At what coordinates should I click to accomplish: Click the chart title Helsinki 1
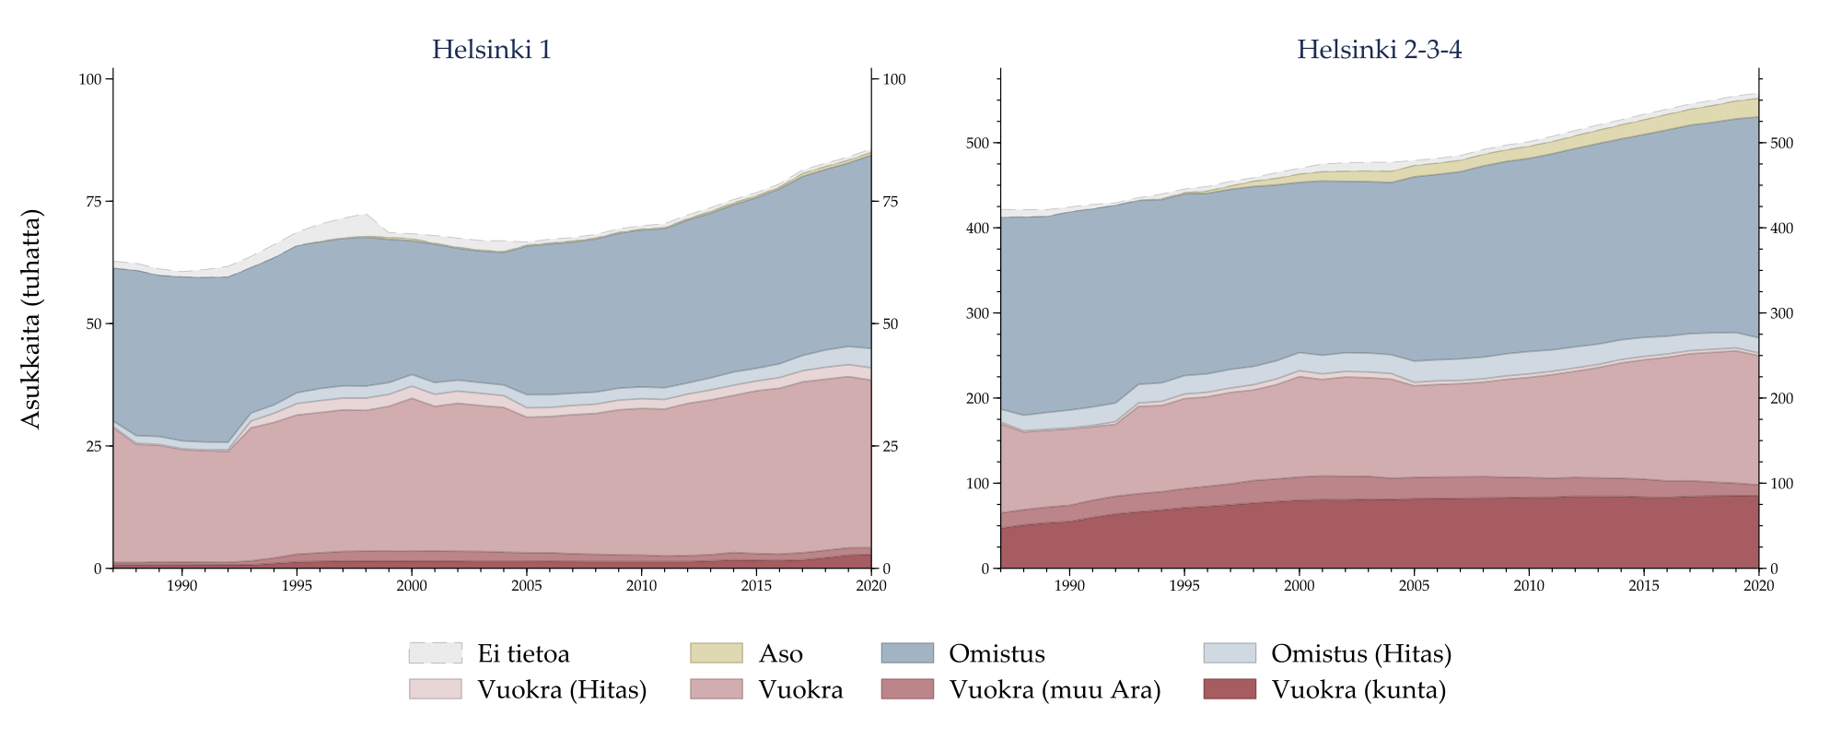point(492,50)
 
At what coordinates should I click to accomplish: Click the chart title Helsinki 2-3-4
point(1379,50)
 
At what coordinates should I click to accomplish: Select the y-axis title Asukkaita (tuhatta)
point(31,319)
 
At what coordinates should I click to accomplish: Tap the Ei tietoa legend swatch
point(435,653)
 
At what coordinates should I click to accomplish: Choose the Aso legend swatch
point(716,653)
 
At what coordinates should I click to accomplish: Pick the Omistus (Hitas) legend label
point(1360,653)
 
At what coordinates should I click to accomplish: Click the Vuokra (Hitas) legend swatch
point(435,689)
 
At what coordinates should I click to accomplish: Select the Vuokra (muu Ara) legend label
point(1055,689)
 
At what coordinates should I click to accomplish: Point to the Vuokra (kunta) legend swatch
point(1230,689)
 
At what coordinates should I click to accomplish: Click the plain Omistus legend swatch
point(907,653)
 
